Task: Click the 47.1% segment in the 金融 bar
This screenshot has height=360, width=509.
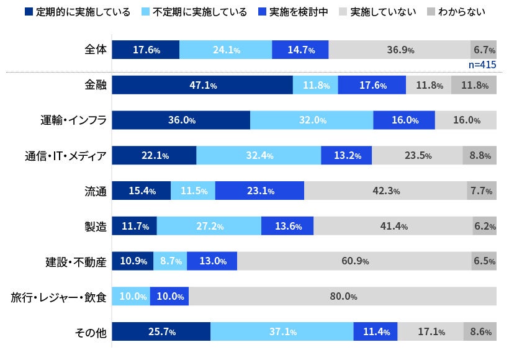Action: pos(202,85)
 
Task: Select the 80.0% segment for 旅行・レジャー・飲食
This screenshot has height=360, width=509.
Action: pos(343,297)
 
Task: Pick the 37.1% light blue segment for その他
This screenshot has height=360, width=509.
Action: pos(282,332)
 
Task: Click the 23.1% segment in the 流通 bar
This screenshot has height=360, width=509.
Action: pos(259,191)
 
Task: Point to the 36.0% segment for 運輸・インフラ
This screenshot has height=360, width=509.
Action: pos(181,120)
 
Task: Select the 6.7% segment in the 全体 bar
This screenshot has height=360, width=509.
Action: pos(484,50)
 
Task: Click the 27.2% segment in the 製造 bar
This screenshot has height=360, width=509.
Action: pos(209,227)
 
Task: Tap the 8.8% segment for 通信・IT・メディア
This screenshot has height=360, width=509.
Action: pos(479,156)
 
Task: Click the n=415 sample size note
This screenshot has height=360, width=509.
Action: pos(482,65)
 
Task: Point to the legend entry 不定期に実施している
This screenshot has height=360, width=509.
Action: pos(195,12)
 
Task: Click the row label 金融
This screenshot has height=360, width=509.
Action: pos(96,85)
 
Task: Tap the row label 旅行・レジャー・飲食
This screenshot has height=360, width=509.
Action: pos(59,297)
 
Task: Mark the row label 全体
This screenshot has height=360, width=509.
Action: pos(96,50)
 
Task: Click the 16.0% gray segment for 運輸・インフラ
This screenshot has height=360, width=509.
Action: pos(466,120)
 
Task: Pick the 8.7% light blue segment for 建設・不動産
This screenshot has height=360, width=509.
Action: pos(170,261)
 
